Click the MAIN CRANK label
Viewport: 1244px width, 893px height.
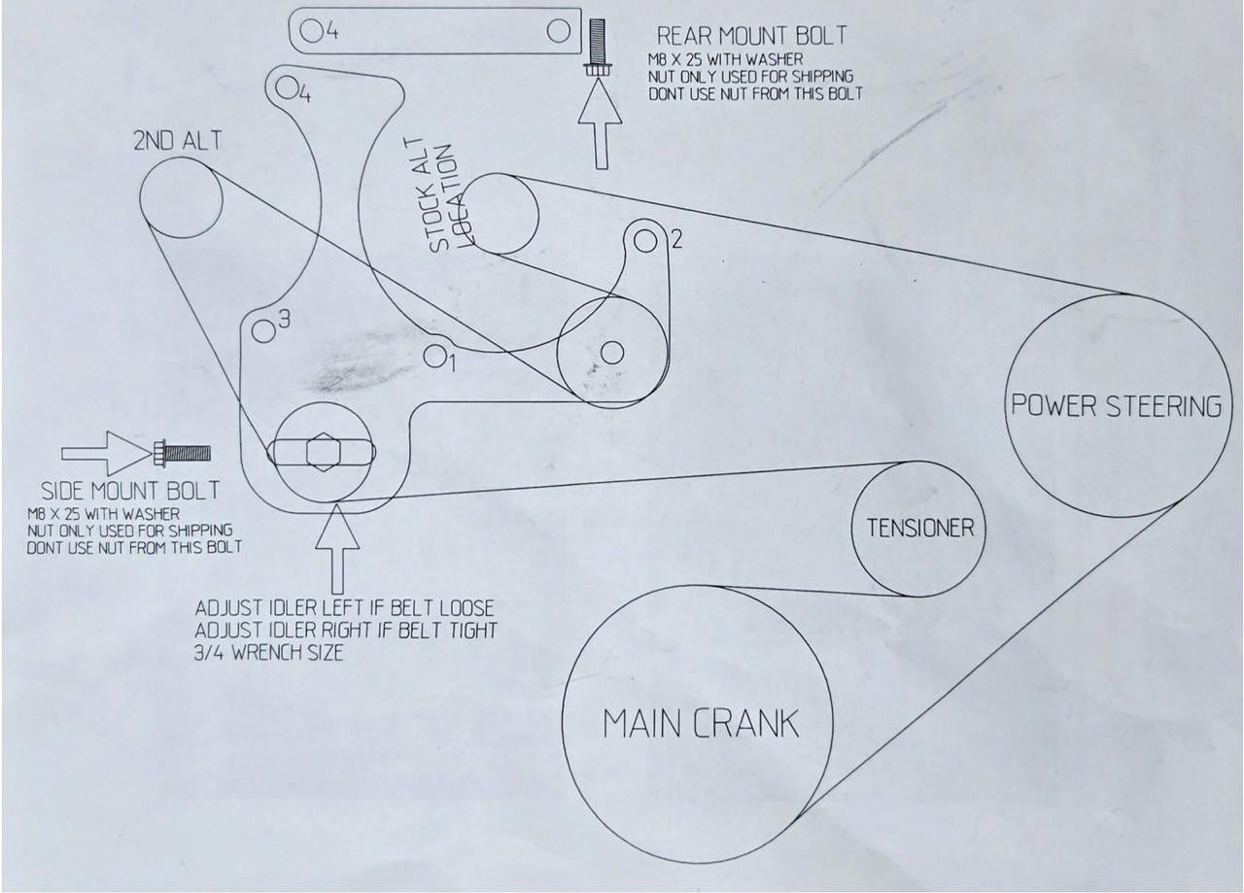pyautogui.click(x=701, y=724)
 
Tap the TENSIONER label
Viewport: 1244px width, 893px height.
pyautogui.click(x=920, y=529)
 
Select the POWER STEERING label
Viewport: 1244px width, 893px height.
pyautogui.click(x=1117, y=405)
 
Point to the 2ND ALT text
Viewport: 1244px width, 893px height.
pyautogui.click(x=177, y=141)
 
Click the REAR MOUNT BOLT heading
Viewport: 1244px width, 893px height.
pyautogui.click(x=752, y=36)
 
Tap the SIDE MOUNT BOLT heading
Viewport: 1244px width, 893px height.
pyautogui.click(x=130, y=491)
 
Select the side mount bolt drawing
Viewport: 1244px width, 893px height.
pyautogui.click(x=182, y=453)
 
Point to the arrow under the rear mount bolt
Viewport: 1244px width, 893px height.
pyautogui.click(x=600, y=123)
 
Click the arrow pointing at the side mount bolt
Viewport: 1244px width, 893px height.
pyautogui.click(x=106, y=453)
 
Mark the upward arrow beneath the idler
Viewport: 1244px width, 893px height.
pyautogui.click(x=337, y=548)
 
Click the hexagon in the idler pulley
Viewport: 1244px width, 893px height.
pyautogui.click(x=324, y=453)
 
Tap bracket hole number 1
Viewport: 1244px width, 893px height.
pyautogui.click(x=434, y=356)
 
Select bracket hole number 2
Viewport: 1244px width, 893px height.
pyautogui.click(x=644, y=242)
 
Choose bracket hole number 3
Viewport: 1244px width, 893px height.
pyautogui.click(x=263, y=331)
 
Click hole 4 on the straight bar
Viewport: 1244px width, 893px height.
pyautogui.click(x=312, y=30)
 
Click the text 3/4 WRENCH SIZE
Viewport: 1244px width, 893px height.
pyautogui.click(x=269, y=653)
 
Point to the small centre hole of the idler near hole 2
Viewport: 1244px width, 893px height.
pyautogui.click(x=612, y=353)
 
